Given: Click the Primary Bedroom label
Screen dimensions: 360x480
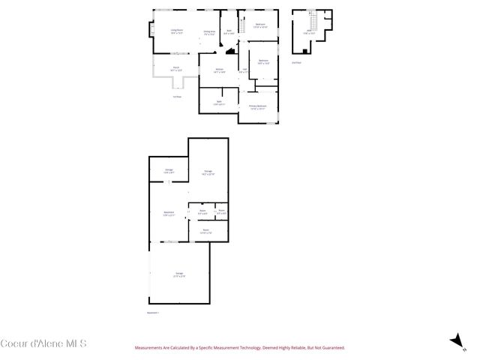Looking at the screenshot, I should pos(258,107).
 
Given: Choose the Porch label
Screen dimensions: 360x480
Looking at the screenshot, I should pos(176,67).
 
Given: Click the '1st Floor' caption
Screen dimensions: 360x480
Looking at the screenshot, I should pos(177,96).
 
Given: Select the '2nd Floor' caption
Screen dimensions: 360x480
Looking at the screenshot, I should pos(296,62).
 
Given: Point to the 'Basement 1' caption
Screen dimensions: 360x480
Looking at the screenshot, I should pos(153,312).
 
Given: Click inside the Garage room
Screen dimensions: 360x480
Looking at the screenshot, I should pos(179,273).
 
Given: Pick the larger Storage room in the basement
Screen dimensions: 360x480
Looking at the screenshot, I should pos(208,172).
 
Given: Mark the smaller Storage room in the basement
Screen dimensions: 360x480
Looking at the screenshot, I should pos(169,172).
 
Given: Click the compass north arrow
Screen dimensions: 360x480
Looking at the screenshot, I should pos(454,341).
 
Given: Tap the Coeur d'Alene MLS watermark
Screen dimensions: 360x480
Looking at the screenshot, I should pos(43,343).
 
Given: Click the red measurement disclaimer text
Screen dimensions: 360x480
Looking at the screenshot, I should pos(239,348).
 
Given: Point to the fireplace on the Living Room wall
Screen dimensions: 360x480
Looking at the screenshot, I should pos(153,31).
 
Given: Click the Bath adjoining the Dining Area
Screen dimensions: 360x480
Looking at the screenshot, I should pos(229,32).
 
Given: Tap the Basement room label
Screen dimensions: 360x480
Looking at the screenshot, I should pos(169,214).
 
